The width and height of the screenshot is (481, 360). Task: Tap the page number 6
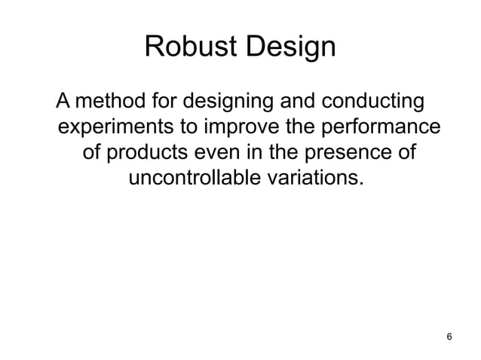click(449, 335)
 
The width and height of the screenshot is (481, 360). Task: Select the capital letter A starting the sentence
click(63, 100)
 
